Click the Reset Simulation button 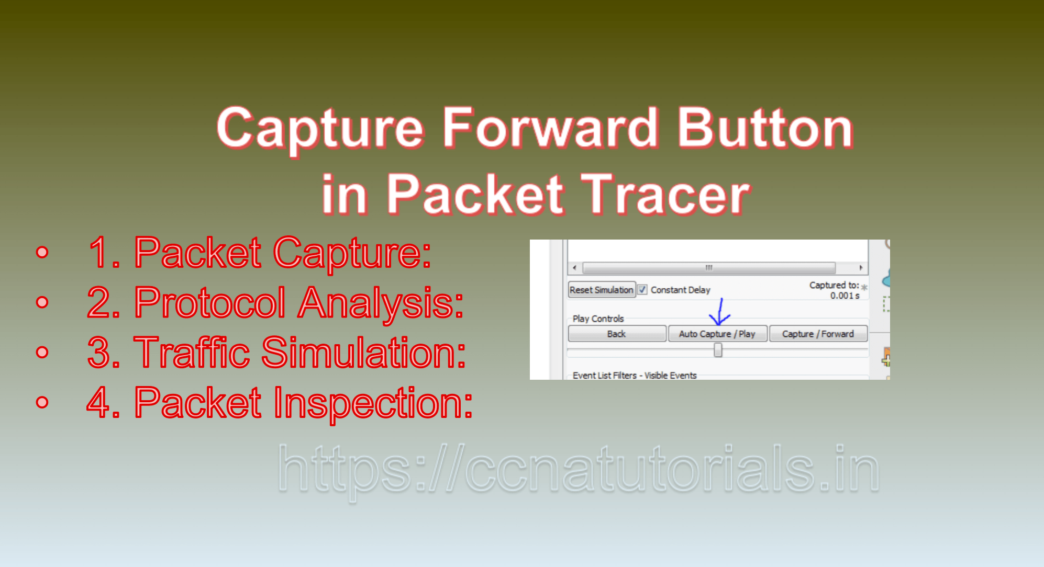pos(601,290)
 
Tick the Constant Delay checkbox pos(642,289)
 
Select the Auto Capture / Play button pos(717,334)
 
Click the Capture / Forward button pos(817,334)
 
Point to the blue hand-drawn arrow pos(719,313)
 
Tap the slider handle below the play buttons pos(718,350)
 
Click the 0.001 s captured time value pos(844,296)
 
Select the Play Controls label pos(598,319)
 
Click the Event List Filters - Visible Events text pos(634,375)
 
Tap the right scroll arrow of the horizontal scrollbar pos(861,268)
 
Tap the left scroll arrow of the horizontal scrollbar pos(574,268)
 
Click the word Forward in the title pos(550,128)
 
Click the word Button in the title pos(765,128)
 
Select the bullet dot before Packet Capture pos(42,252)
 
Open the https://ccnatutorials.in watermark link pos(578,469)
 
